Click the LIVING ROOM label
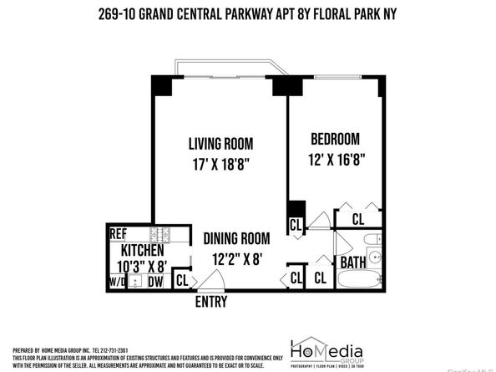coord(220,143)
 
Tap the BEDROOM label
coord(335,139)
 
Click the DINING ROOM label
coord(237,237)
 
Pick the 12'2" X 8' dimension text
coord(238,258)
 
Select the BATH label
coord(353,262)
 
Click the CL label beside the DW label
coord(181,281)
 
